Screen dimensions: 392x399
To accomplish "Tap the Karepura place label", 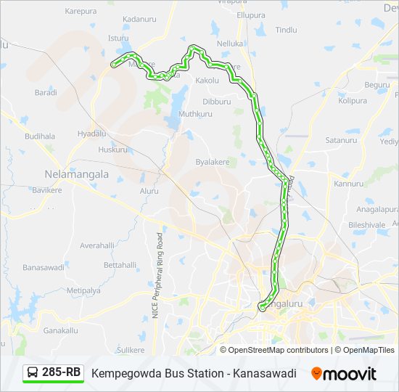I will pyautogui.click(x=81, y=12).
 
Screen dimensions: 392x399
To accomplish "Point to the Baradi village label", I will pyautogui.click(x=46, y=92).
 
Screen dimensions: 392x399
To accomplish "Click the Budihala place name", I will pyautogui.click(x=39, y=136).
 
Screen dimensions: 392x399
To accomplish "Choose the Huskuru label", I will pyautogui.click(x=112, y=150).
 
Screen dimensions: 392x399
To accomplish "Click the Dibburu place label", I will pyautogui.click(x=216, y=102).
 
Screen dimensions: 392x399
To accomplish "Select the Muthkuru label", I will pyautogui.click(x=195, y=114).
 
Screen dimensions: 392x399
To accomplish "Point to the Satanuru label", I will pyautogui.click(x=340, y=140).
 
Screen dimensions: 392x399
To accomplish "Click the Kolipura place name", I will pyautogui.click(x=353, y=100).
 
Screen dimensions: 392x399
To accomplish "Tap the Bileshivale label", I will pyautogui.click(x=366, y=225).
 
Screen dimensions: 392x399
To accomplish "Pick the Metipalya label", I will pyautogui.click(x=82, y=291).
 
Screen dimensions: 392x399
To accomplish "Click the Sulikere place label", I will pyautogui.click(x=131, y=350).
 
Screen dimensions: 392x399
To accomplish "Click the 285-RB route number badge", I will pyautogui.click(x=61, y=372).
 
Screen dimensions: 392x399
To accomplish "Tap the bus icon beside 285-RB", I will pyautogui.click(x=33, y=373).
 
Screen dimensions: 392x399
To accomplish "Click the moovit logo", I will pyautogui.click(x=344, y=374).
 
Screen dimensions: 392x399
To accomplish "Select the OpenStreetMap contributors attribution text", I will pyautogui.click(x=279, y=350).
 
